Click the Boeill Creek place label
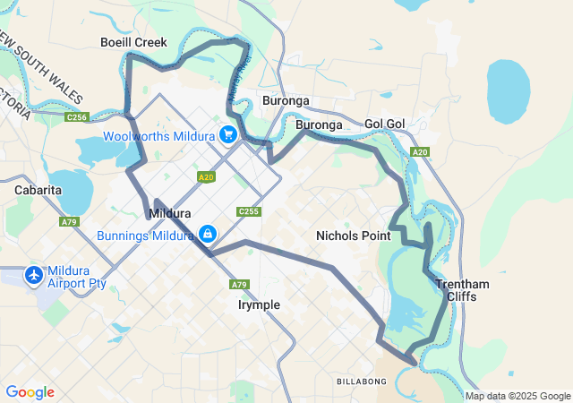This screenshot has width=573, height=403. (133, 42)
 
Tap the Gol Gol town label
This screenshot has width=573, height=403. (387, 124)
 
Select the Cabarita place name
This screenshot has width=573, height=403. (38, 190)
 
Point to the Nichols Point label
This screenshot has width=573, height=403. (354, 236)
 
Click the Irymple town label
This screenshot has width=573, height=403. (259, 304)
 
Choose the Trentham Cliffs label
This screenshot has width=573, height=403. (462, 290)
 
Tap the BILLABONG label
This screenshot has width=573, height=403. (362, 382)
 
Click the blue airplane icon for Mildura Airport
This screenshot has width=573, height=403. (35, 274)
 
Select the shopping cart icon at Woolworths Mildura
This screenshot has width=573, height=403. (228, 135)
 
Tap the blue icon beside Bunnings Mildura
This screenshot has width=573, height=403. (208, 235)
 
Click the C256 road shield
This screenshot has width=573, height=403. (77, 117)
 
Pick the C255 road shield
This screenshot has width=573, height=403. (249, 211)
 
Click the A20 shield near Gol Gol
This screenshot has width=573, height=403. (420, 152)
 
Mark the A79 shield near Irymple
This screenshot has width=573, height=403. (238, 285)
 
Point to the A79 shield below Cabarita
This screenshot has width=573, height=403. (69, 221)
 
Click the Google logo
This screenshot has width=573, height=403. (30, 392)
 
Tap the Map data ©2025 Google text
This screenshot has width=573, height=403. (517, 397)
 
